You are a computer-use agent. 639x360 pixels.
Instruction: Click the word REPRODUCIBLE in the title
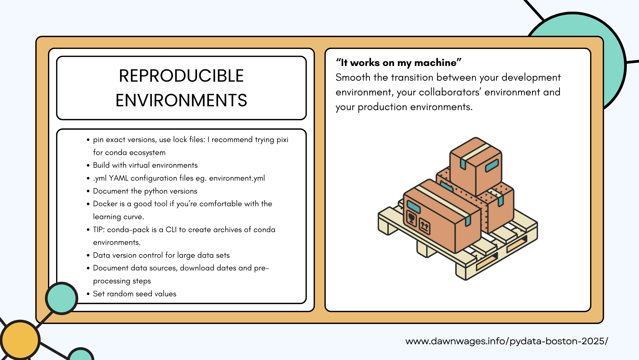(x=181, y=76)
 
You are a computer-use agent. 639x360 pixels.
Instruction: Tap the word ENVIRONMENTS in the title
(x=181, y=100)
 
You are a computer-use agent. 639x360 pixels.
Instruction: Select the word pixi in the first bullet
(x=282, y=140)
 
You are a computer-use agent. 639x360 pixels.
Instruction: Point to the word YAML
(x=119, y=178)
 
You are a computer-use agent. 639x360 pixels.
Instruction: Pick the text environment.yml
(x=237, y=178)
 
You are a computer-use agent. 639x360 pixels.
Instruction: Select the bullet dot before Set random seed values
(x=88, y=294)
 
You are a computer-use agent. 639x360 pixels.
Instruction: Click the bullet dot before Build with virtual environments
(x=88, y=165)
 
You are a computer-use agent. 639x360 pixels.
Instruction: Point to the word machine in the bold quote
(x=435, y=63)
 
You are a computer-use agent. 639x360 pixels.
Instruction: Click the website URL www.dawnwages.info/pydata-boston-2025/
(x=507, y=341)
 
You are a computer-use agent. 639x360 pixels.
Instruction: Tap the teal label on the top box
(x=492, y=166)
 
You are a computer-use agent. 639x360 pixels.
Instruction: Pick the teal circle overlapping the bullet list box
(x=62, y=298)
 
